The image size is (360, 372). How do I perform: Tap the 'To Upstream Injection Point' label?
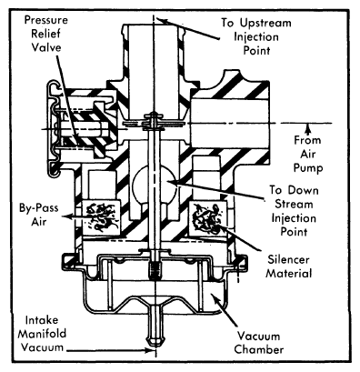tap(256, 36)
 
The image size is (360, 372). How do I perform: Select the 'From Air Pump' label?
tap(308, 154)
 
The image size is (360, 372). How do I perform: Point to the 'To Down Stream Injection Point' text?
tap(294, 211)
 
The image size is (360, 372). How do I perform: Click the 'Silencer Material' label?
tap(289, 266)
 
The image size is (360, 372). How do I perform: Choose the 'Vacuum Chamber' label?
tap(259, 343)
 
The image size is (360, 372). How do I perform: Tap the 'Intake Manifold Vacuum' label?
tap(42, 334)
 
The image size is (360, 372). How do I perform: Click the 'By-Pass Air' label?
tap(39, 215)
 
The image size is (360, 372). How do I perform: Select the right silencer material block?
tap(207, 217)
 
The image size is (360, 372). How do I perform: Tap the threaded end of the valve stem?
tap(155, 270)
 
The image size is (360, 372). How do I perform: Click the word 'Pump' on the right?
tap(308, 167)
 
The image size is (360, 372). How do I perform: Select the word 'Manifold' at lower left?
tap(42, 334)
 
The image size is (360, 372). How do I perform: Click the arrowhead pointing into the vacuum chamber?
tap(215, 297)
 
